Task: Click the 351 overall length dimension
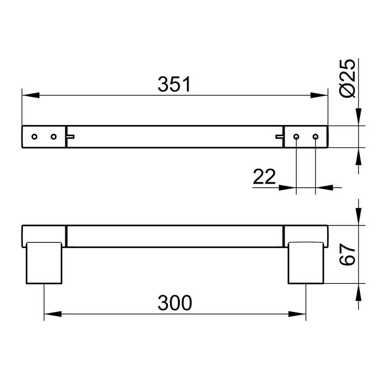pos(174,85)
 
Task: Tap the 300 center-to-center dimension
pos(174,303)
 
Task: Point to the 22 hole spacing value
pos(264,177)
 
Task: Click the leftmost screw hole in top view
pos(34,136)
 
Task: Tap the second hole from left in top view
pos(54,136)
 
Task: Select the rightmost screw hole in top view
pos(315,136)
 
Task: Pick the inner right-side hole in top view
pos(296,136)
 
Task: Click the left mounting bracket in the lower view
pos(44,263)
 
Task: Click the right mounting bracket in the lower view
pos(306,263)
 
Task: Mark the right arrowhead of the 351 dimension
pos(319,95)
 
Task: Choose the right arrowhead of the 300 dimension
pos(297,314)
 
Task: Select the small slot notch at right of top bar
pos(279,136)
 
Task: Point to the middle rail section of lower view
pos(174,236)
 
